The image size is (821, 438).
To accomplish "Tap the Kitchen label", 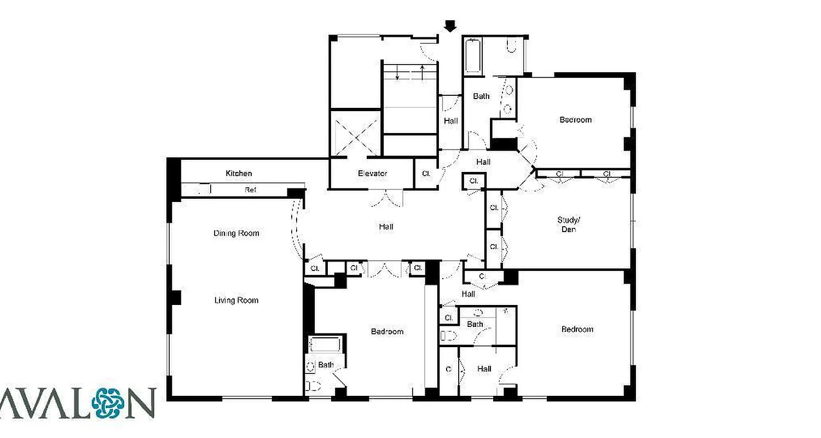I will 239,174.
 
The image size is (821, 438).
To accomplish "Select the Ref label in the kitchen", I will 250,190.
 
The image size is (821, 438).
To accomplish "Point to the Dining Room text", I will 236,233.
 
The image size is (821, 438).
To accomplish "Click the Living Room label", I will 236,300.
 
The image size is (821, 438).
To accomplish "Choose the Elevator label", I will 373,174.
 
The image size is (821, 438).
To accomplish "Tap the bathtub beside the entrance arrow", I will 473,56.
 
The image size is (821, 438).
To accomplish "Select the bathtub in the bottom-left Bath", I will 325,345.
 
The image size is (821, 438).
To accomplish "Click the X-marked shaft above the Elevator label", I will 354,134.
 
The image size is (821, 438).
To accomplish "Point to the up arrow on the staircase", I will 423,72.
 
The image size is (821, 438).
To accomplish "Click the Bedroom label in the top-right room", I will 575,120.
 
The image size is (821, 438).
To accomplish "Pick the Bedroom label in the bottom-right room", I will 577,329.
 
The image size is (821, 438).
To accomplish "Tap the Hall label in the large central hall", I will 386,227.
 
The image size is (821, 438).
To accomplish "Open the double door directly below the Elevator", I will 387,198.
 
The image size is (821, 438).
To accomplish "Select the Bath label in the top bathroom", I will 481,96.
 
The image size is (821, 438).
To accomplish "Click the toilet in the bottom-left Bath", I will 313,386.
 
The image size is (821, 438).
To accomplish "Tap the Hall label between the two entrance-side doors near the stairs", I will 451,121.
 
